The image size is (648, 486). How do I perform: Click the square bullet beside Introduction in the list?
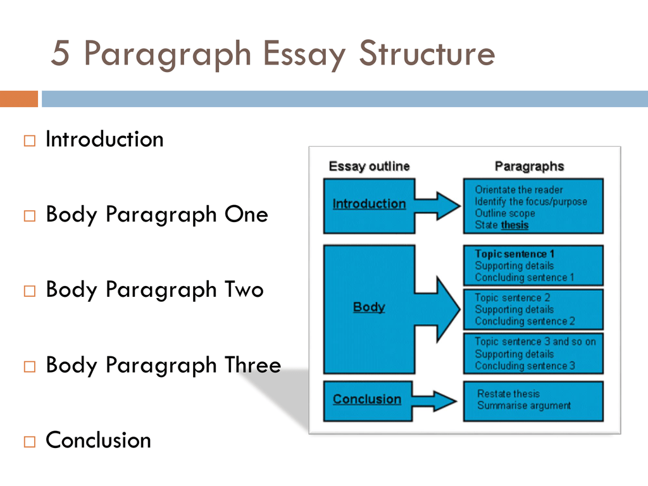tap(30, 141)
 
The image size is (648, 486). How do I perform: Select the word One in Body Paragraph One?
tap(246, 215)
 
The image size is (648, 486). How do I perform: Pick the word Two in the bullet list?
tap(244, 290)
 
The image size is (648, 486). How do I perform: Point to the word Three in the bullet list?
tap(252, 365)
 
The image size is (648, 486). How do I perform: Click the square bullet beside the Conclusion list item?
tap(30, 442)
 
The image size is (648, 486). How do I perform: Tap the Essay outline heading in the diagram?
tap(369, 166)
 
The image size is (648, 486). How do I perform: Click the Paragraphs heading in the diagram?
tap(529, 166)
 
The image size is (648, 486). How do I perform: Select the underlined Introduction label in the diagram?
tap(369, 204)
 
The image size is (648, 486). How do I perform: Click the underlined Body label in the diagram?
tap(369, 308)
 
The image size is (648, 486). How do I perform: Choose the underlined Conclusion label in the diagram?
tap(367, 399)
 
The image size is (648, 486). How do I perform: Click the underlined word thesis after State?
tap(514, 225)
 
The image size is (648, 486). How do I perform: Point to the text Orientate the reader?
tap(519, 190)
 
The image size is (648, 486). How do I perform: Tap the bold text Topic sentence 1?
tap(514, 254)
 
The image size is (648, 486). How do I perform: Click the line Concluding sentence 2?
tap(525, 321)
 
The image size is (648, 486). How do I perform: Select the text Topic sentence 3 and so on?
tap(535, 342)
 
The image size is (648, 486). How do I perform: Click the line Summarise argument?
tap(524, 406)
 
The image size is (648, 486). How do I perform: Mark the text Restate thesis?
tap(509, 394)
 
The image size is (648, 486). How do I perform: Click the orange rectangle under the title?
tap(19, 99)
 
